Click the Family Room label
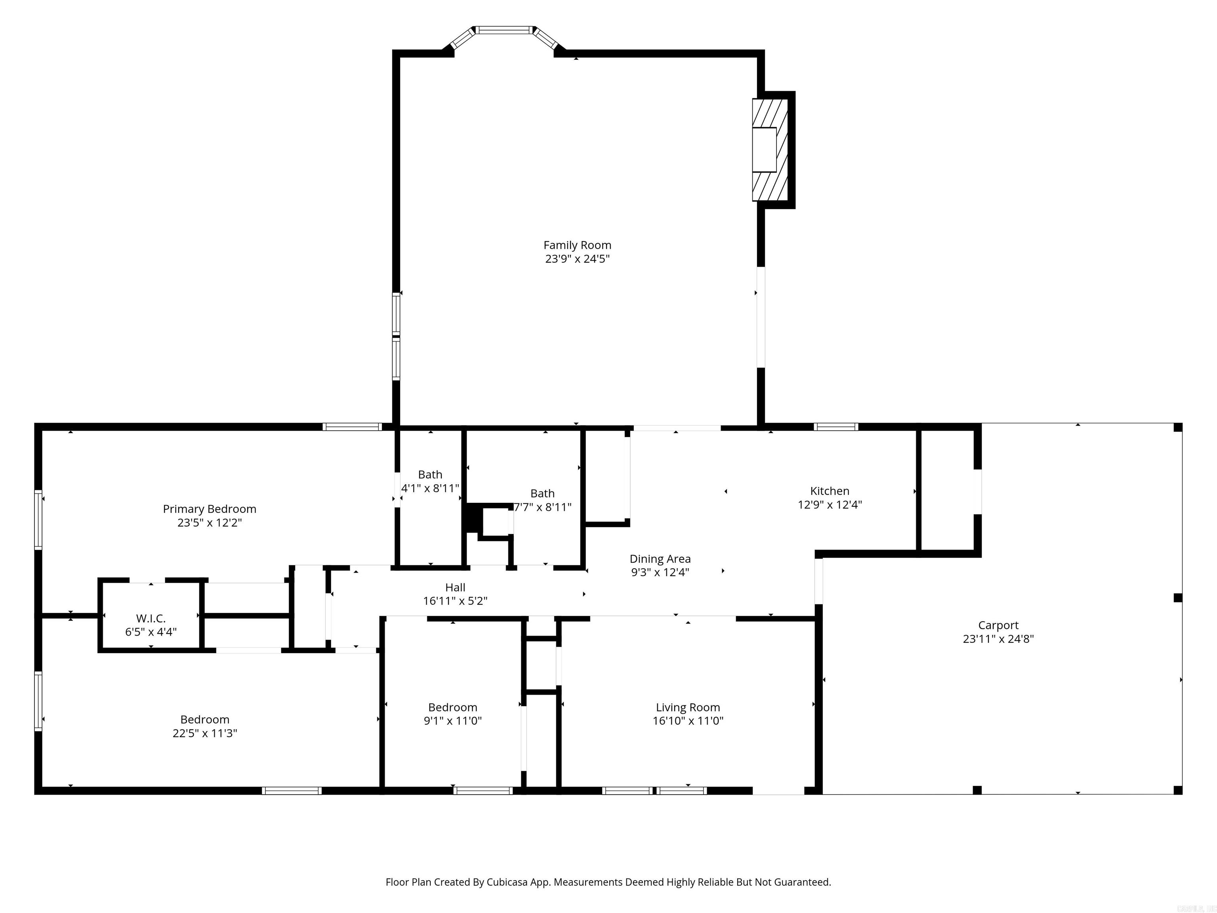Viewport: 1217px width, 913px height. [x=577, y=245]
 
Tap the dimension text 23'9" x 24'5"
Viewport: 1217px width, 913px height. [x=577, y=259]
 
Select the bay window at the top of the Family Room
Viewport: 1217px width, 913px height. [x=505, y=30]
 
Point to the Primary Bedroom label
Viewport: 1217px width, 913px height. [x=210, y=509]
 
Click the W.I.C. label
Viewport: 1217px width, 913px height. [x=151, y=619]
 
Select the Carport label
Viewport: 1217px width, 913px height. [x=998, y=625]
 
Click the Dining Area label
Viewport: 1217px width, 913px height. [x=660, y=559]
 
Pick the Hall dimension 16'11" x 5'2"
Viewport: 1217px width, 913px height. [x=455, y=601]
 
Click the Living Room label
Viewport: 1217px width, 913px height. [x=688, y=708]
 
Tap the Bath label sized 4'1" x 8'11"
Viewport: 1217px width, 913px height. [x=430, y=474]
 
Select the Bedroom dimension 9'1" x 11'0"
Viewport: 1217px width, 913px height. [x=452, y=721]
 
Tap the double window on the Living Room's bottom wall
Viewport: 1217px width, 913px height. [x=654, y=791]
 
